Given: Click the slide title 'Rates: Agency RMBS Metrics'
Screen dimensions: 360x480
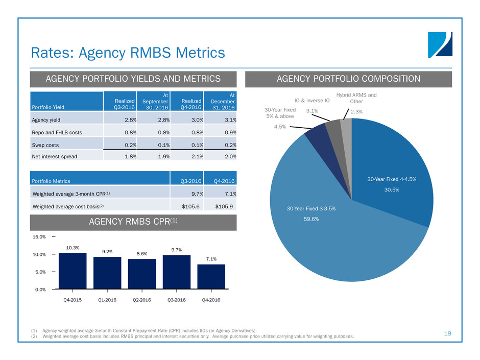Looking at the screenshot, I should (x=128, y=52).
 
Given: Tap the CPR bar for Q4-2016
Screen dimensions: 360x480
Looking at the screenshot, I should (x=211, y=277).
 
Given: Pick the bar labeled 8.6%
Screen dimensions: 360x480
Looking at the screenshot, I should (x=142, y=274).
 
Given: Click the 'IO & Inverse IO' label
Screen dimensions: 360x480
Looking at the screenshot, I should (x=313, y=101).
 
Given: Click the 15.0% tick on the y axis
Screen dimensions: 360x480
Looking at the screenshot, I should (x=39, y=237).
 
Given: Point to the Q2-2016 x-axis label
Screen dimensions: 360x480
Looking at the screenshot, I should (x=141, y=300).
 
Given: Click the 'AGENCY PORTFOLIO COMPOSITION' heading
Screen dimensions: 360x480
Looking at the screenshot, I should (x=348, y=79).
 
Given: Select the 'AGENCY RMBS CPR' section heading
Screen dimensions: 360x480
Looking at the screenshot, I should (x=133, y=223).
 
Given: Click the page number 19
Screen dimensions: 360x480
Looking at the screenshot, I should (x=448, y=333).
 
